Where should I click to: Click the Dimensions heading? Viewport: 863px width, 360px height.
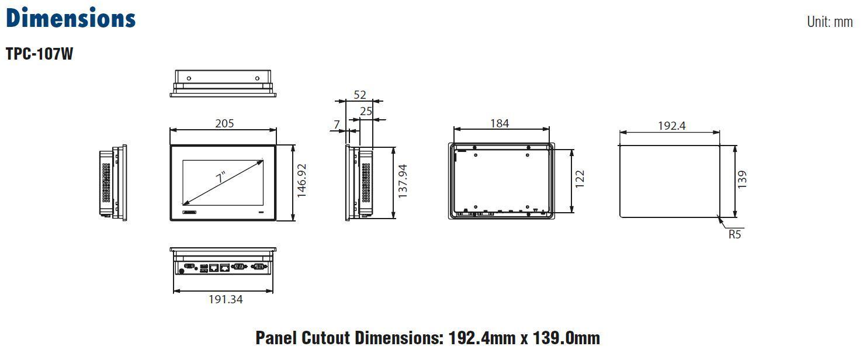click(71, 18)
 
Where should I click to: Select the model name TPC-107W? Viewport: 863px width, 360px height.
click(39, 54)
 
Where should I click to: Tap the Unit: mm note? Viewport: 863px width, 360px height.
click(830, 22)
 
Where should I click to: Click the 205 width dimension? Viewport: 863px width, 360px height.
click(224, 123)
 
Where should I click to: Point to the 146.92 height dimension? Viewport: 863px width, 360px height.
click(301, 181)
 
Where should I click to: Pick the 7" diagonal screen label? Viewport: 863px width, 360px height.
click(221, 178)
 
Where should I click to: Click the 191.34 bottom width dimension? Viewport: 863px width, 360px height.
click(226, 299)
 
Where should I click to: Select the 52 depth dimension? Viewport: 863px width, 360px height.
click(359, 95)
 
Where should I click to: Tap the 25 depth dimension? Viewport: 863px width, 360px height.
click(366, 112)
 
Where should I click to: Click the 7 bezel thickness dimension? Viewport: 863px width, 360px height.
click(337, 124)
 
